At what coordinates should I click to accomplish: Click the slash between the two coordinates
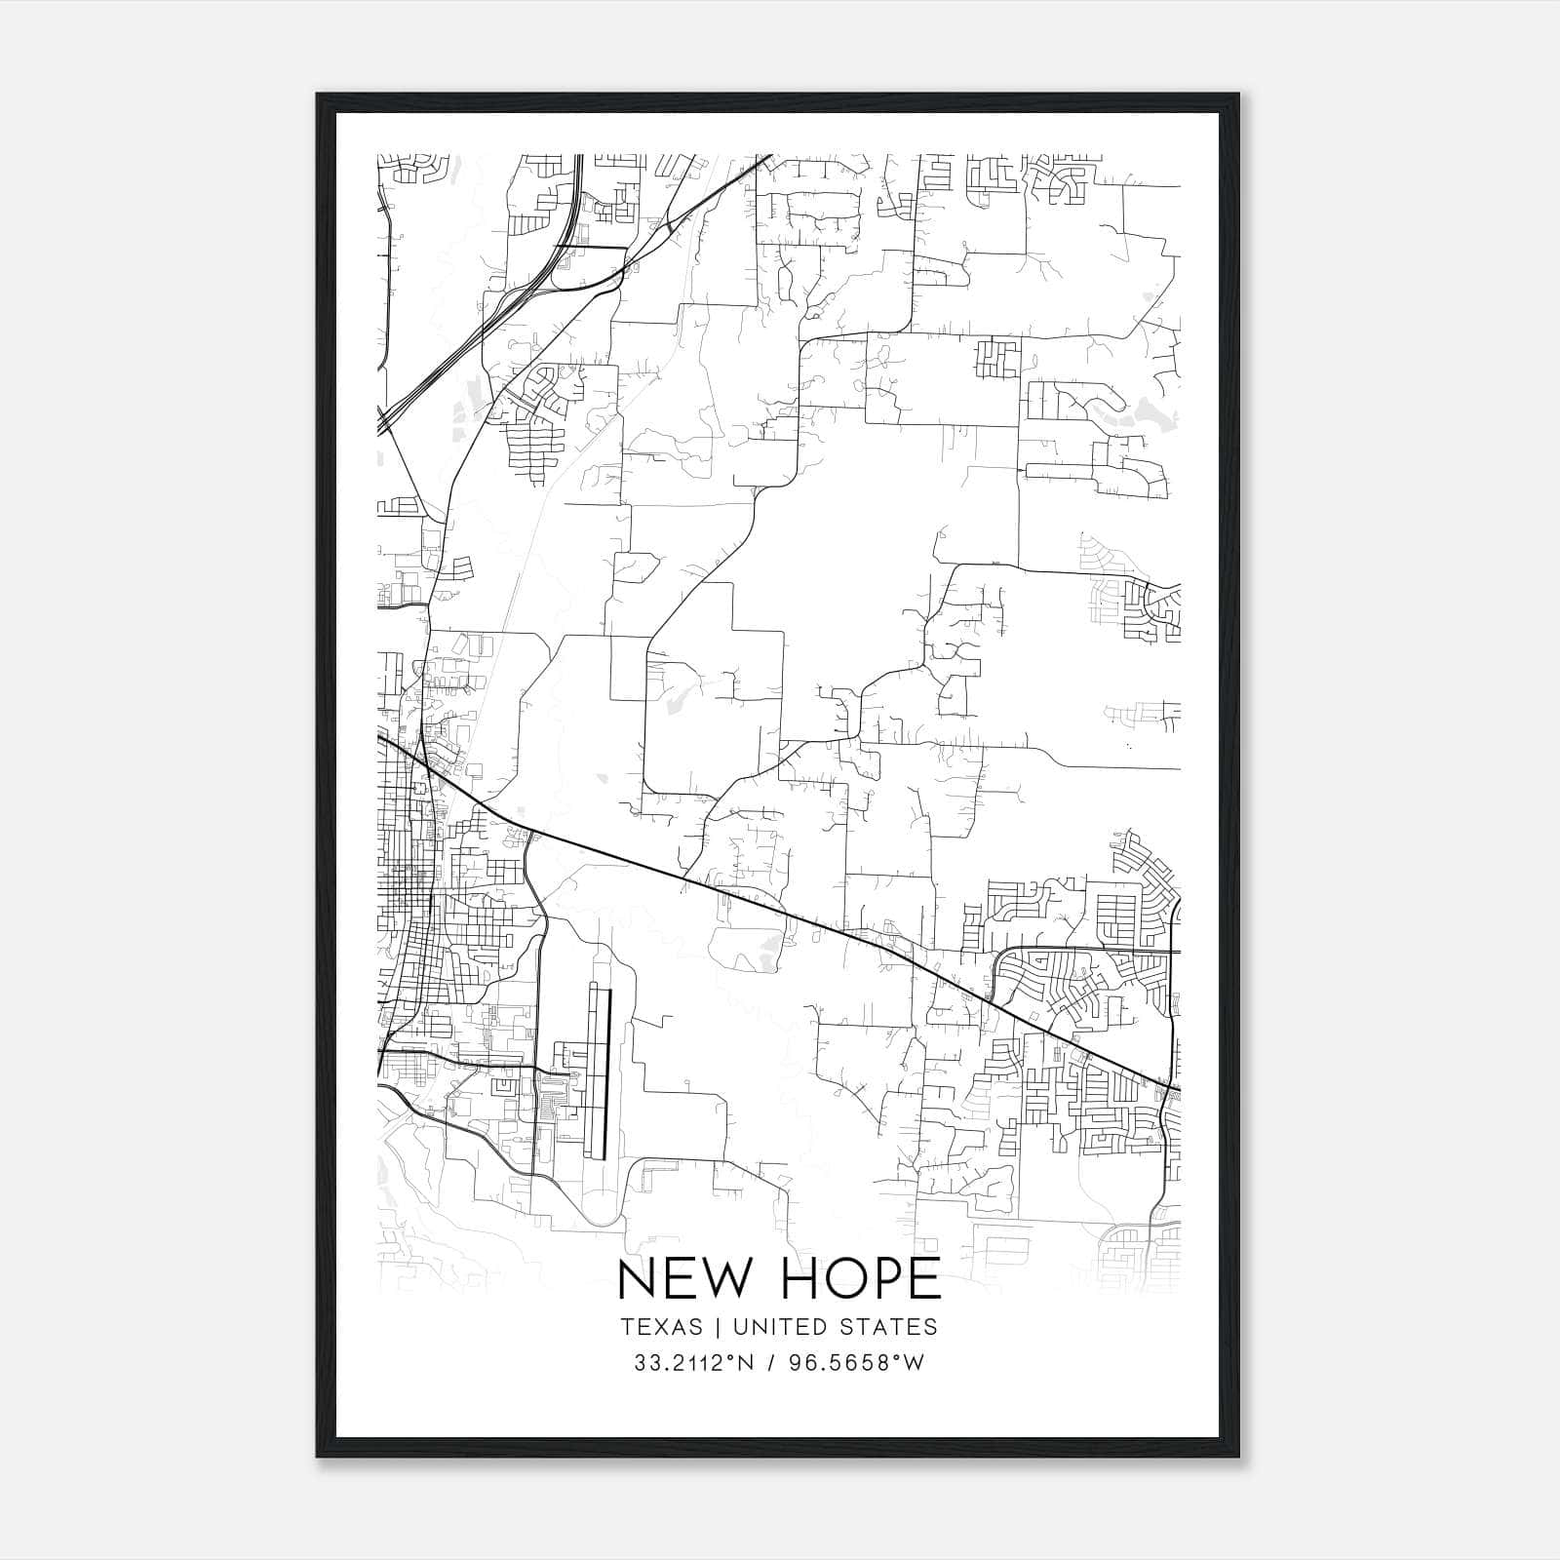point(771,1363)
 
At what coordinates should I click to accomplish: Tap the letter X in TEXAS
point(660,1327)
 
